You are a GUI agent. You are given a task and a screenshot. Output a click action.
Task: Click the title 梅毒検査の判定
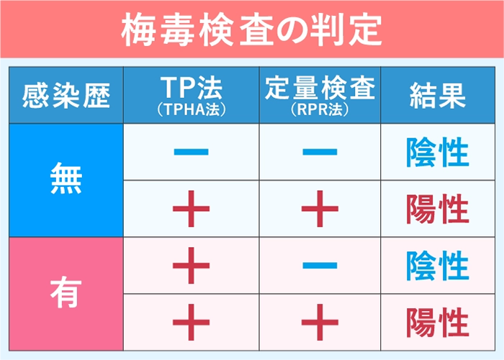click(251, 30)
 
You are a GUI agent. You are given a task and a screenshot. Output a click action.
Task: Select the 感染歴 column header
click(66, 95)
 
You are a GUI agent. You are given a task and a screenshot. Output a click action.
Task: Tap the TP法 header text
click(191, 88)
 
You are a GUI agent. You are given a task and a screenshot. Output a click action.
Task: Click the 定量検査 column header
click(320, 88)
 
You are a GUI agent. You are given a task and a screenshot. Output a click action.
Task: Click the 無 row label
click(66, 179)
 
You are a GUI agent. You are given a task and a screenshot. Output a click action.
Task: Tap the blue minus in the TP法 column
click(191, 153)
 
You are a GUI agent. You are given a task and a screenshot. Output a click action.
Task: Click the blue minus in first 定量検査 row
click(320, 153)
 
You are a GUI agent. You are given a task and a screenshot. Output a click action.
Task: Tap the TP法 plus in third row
click(191, 265)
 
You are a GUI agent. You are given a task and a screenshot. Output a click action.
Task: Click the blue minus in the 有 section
click(320, 265)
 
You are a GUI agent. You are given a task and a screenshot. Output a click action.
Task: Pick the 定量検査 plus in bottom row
click(320, 321)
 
